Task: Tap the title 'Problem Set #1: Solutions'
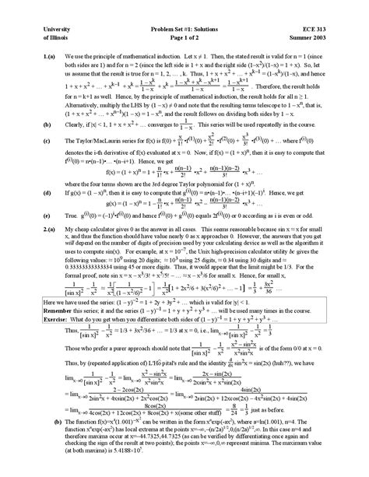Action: (184, 29)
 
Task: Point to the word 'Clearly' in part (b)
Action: (76, 125)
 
